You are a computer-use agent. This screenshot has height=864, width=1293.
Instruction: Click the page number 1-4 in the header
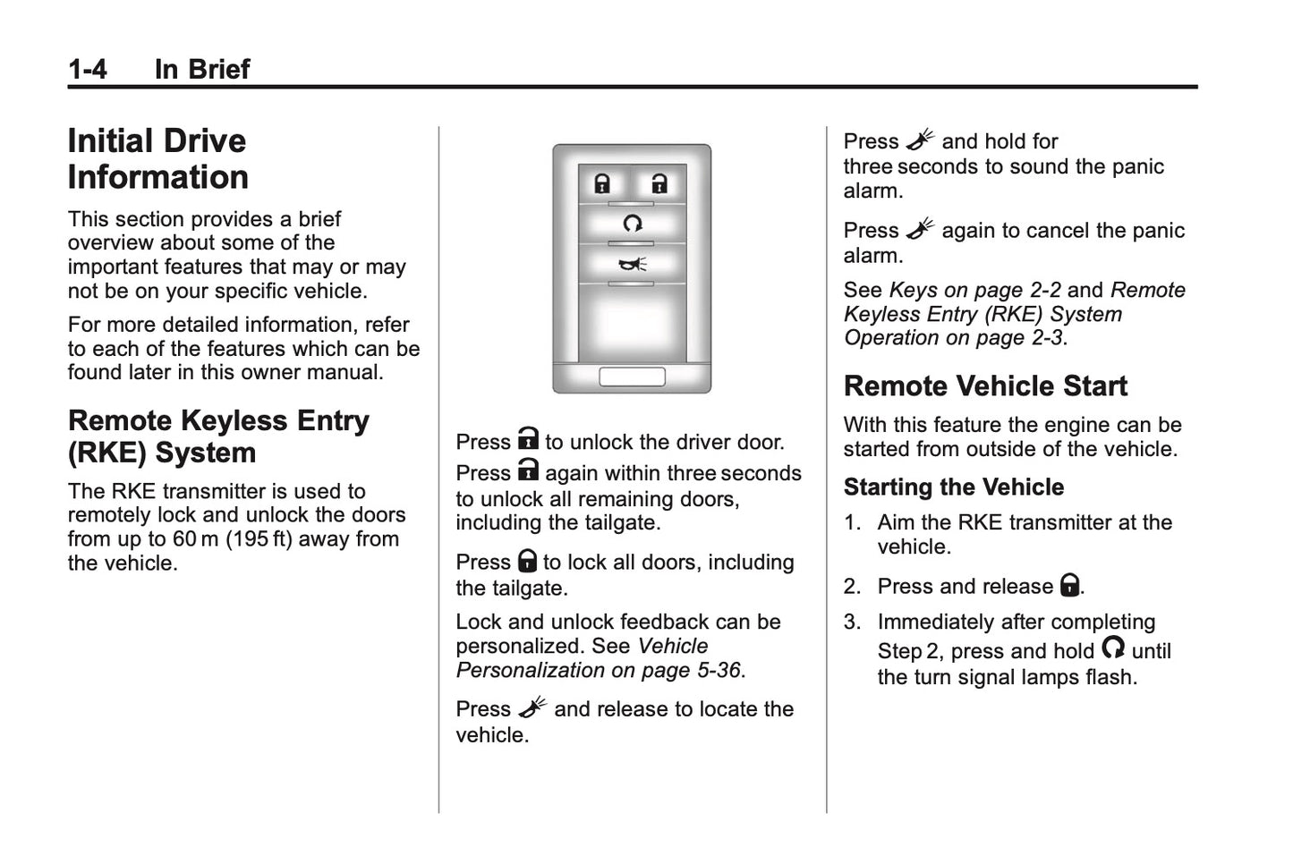point(87,69)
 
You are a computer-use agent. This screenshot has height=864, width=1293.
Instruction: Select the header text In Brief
point(201,69)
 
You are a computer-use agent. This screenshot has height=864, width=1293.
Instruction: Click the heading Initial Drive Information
point(157,158)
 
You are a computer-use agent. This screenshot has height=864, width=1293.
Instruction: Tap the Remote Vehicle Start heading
point(984,385)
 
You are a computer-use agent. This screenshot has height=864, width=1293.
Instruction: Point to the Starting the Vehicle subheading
point(953,487)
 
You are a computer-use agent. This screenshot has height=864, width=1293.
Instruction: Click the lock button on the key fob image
point(602,184)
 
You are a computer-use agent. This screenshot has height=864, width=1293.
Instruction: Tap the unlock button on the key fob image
point(659,184)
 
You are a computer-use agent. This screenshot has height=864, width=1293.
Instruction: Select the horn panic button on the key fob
point(632,263)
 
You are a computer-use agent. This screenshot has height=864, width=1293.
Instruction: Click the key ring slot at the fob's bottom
point(632,377)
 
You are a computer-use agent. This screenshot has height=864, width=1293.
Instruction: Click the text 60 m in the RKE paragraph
point(195,538)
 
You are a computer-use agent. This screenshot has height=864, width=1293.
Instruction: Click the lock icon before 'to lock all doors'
point(527,561)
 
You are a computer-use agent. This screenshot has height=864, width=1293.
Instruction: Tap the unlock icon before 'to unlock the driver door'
point(528,439)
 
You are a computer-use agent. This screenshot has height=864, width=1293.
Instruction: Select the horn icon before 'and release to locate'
point(532,707)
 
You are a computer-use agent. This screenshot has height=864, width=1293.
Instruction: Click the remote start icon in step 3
point(1112,648)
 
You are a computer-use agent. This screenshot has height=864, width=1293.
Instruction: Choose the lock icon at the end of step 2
point(1069,585)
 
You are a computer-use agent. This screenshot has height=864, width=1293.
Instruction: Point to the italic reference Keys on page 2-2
point(974,290)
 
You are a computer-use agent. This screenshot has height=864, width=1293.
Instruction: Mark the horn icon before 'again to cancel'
point(919,229)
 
